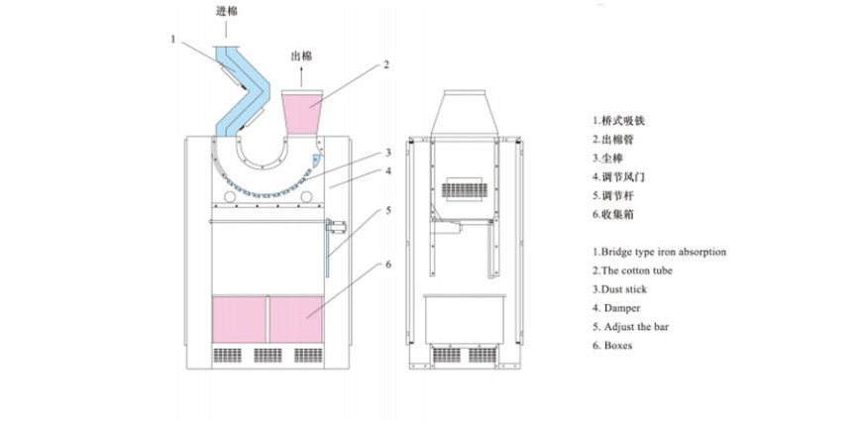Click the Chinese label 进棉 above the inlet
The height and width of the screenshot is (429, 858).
(226, 11)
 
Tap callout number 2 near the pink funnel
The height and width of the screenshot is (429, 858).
(386, 64)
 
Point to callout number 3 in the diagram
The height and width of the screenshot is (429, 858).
(389, 154)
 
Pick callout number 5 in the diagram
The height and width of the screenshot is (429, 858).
(389, 210)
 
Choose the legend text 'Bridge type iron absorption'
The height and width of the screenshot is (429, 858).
(659, 252)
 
